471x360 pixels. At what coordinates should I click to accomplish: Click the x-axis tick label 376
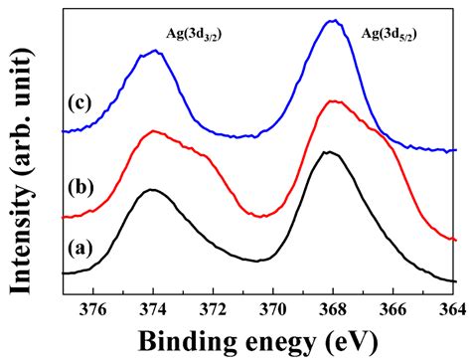click(x=93, y=309)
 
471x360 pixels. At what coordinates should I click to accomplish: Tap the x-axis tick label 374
click(x=153, y=309)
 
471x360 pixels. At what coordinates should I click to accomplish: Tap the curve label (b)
click(x=81, y=187)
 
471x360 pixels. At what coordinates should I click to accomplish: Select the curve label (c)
click(x=81, y=103)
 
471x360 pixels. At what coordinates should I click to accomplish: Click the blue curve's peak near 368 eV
click(x=334, y=20)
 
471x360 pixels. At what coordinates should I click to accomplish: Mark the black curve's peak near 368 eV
click(x=329, y=152)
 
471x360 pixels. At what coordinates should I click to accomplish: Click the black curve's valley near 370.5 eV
click(x=260, y=261)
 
